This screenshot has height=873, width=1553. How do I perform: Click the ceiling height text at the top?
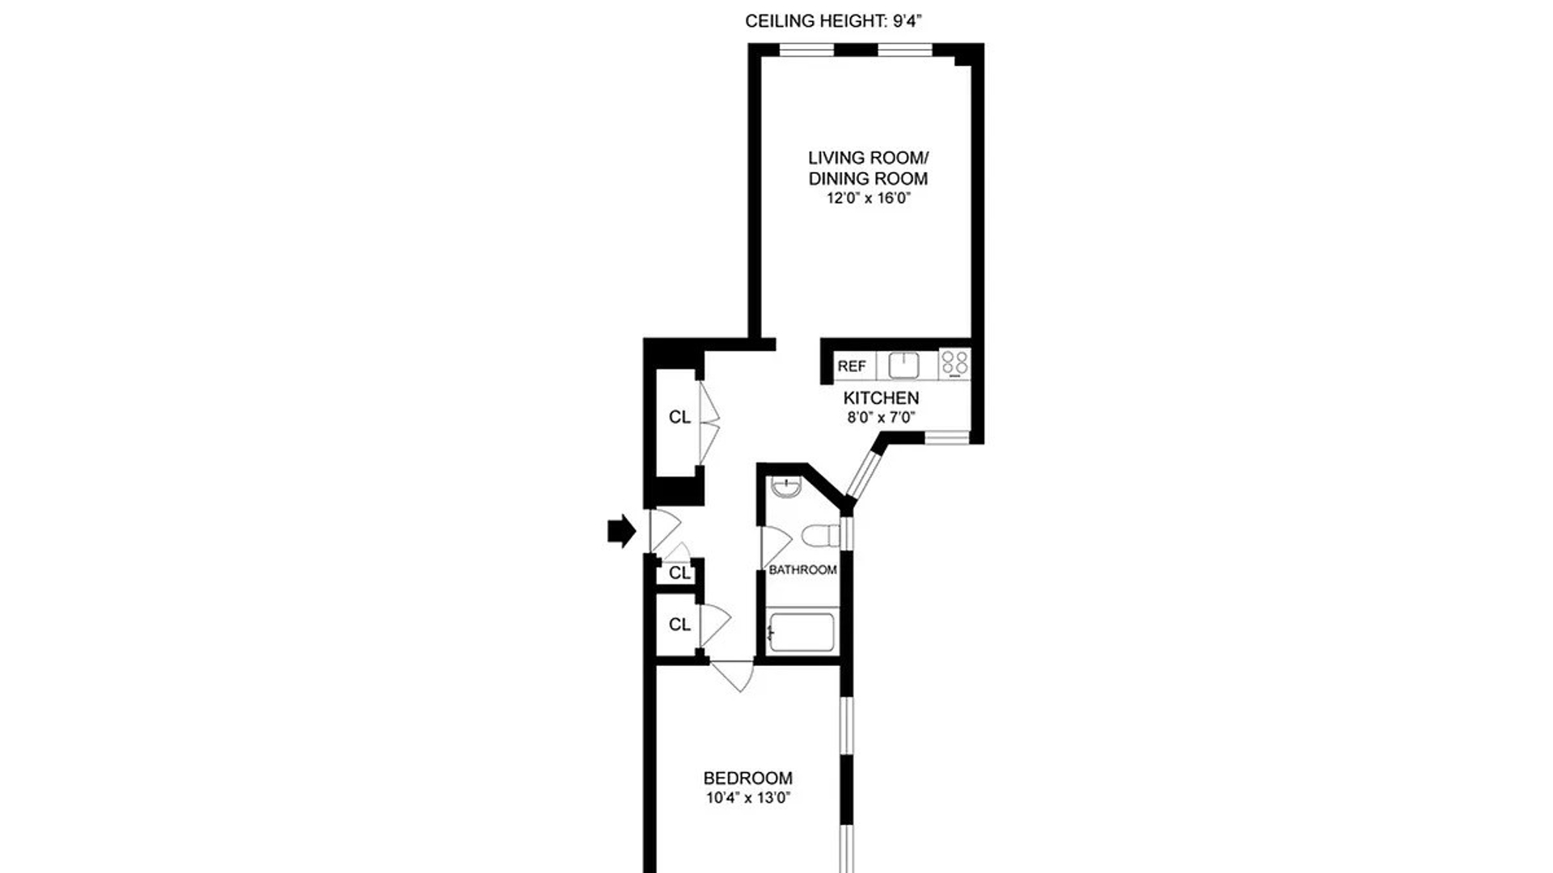coord(834,22)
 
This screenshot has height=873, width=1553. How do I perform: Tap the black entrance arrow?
coord(622,531)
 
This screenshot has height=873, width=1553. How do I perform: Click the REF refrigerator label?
coord(852,366)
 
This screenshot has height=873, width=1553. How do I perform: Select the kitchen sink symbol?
coord(903,365)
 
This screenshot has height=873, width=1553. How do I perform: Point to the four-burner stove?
coord(955,364)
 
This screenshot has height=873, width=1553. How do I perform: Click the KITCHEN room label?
coord(881,398)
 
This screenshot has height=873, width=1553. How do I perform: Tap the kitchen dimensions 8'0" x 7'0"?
coord(881,418)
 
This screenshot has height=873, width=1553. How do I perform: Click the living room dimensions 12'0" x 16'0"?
coord(869,199)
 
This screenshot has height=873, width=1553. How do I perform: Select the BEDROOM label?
coord(748,778)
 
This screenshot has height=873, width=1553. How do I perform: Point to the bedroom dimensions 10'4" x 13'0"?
coord(748,799)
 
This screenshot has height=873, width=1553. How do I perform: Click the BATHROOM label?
coord(802,570)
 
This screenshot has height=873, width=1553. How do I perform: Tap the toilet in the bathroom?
coord(822,534)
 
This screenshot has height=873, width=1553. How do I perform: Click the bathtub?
coord(801,632)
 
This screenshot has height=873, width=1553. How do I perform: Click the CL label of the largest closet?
coord(679,417)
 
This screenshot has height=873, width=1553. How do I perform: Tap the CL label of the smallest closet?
coord(679,573)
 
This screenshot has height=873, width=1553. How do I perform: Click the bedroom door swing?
coord(733,676)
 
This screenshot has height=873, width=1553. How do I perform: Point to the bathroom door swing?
coord(776,546)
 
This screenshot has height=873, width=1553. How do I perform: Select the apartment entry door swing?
coord(665,531)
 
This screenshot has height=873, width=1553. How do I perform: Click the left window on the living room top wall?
coord(806,50)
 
